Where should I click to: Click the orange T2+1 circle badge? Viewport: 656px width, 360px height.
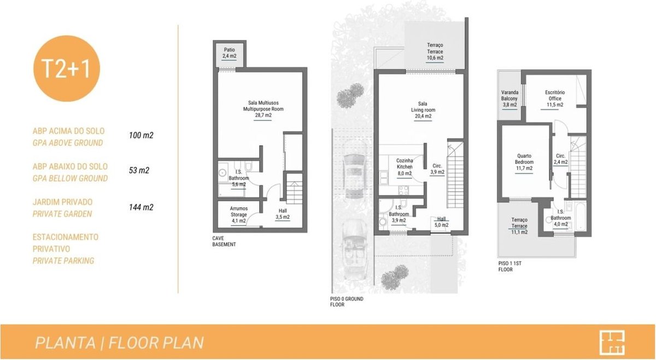[x=67, y=68]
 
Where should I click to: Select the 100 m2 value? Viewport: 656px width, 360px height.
[x=141, y=135]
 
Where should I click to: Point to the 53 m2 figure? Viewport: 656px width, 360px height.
[x=139, y=170]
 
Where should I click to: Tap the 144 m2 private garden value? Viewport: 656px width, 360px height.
[x=141, y=208]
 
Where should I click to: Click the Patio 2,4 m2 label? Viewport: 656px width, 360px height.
[x=229, y=53]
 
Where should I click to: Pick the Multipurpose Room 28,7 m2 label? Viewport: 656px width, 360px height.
[x=263, y=109]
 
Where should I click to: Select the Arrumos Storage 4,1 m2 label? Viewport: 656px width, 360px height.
[x=239, y=215]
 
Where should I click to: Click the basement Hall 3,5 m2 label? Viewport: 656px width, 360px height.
[x=283, y=214]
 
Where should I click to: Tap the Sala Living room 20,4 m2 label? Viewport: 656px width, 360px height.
[x=423, y=110]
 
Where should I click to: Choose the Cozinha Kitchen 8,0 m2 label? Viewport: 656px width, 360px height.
[x=405, y=167]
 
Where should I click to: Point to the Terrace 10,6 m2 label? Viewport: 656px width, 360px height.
[x=435, y=51]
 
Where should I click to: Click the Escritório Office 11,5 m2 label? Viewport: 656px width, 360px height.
[x=555, y=99]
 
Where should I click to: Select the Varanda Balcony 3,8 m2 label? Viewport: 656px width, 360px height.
[x=509, y=99]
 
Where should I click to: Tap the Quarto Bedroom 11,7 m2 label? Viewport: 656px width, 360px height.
[x=524, y=162]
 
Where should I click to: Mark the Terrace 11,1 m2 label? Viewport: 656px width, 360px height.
[x=519, y=226]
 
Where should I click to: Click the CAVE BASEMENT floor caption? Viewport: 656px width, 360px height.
[x=224, y=241]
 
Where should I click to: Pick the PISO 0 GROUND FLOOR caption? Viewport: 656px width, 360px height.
[x=347, y=302]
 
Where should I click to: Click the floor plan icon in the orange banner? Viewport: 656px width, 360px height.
[x=612, y=343]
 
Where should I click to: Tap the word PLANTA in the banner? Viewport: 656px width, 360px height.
[x=65, y=343]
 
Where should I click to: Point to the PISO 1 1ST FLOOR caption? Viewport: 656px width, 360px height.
[x=510, y=267]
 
